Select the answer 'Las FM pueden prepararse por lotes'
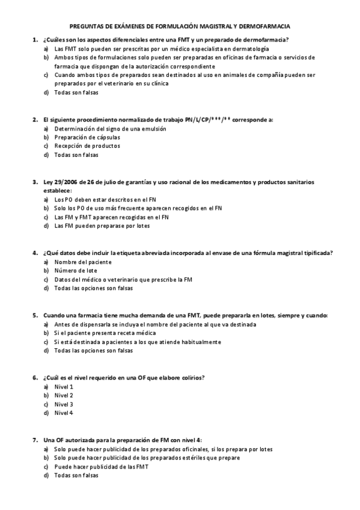point(94,226)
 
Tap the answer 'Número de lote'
point(75,271)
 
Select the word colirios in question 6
point(192,377)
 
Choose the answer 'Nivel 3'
point(64,404)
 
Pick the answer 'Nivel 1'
point(64,386)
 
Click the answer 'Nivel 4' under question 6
point(64,413)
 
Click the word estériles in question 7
point(200,458)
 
